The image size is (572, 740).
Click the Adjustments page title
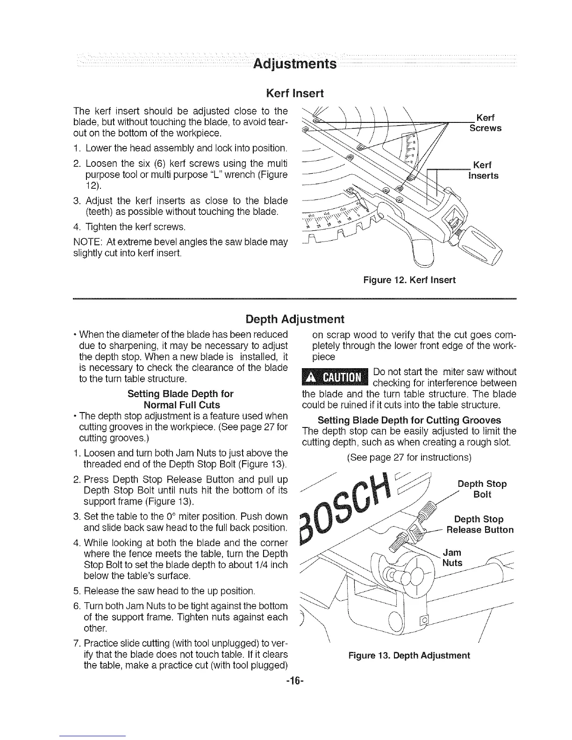[x=294, y=63]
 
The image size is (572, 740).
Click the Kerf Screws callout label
[x=486, y=122]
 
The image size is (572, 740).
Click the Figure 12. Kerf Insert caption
[x=409, y=280]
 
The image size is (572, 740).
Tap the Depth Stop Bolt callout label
[x=481, y=489]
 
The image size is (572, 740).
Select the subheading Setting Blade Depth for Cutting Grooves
[x=409, y=420]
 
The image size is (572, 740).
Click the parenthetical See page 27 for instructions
[x=408, y=457]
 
